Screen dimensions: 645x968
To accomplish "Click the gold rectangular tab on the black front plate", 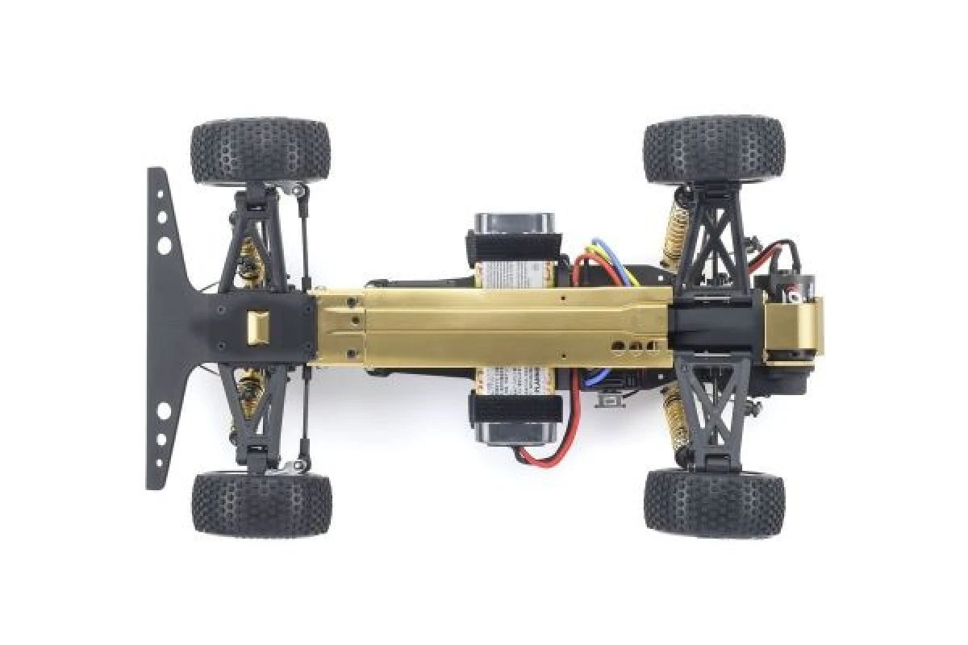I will pyautogui.click(x=257, y=327).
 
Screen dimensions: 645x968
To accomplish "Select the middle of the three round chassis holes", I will pyautogui.click(x=635, y=348).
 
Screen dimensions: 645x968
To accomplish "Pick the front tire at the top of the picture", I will pyautogui.click(x=261, y=152).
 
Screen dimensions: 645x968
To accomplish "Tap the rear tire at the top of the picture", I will pyautogui.click(x=713, y=149).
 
